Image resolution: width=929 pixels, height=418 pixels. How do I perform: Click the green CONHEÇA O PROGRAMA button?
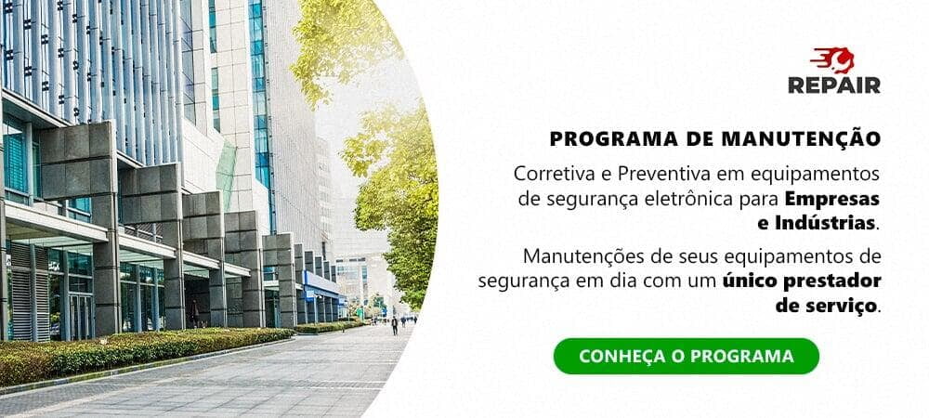[x=686, y=356]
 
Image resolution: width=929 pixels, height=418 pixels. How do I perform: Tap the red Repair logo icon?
[x=832, y=61]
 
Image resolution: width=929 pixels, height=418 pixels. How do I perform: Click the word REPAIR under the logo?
[x=834, y=85]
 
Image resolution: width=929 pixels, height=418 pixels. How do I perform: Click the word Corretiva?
[x=548, y=174]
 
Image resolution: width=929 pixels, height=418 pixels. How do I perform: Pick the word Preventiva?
[x=640, y=174]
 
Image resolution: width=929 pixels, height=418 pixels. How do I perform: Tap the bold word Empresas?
[x=831, y=198]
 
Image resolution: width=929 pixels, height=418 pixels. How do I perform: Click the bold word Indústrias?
[x=828, y=223]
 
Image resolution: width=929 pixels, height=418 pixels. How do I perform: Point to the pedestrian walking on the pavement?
[x=394, y=325]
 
